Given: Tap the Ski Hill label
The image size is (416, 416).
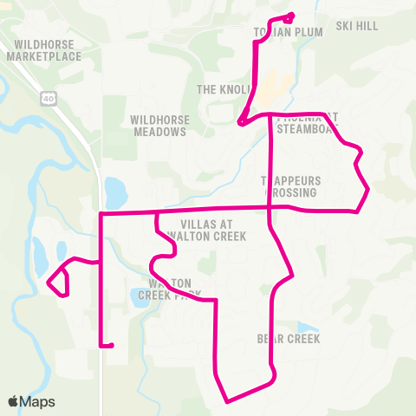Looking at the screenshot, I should (x=357, y=27).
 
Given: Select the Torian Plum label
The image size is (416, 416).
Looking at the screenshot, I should (x=288, y=32).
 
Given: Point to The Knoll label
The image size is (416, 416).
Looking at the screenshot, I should (x=224, y=89).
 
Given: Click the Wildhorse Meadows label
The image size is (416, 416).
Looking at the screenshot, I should (x=159, y=126).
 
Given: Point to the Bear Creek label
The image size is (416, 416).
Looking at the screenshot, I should (x=289, y=338).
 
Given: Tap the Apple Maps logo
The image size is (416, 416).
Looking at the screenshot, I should (x=31, y=401).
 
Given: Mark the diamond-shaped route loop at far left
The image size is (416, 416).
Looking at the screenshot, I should (x=57, y=280).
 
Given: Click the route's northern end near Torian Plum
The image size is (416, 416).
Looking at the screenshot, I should (x=291, y=14).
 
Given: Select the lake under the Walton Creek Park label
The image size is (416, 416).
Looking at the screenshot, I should (x=143, y=296).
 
